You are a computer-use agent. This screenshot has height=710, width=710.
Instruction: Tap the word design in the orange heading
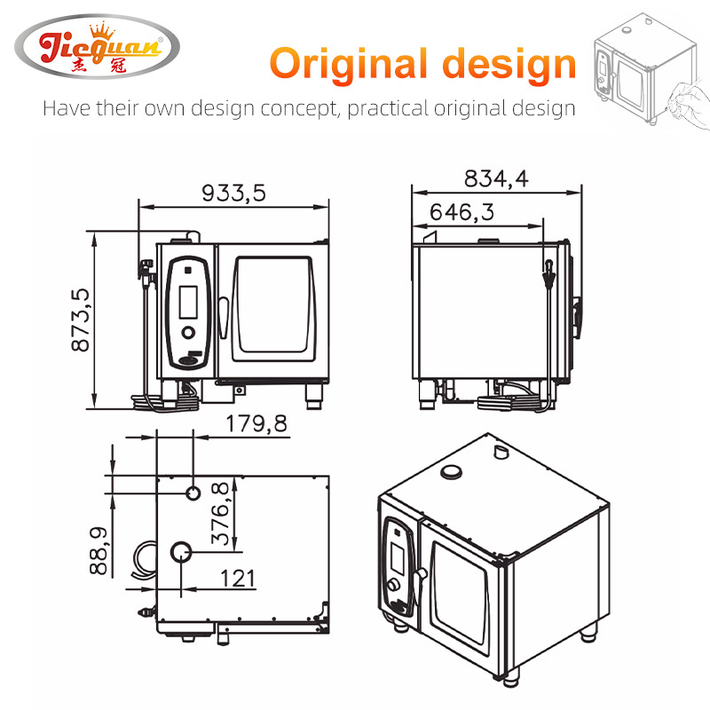tap(510, 64)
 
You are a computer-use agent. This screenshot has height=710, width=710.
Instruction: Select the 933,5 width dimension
tap(233, 193)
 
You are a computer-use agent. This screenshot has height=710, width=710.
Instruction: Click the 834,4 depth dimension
tap(495, 178)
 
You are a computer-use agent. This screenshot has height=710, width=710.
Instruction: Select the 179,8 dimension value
tap(256, 424)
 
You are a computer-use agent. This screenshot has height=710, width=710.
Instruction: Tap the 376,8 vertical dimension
tap(221, 514)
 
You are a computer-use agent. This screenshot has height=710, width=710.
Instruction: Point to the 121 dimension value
tap(238, 579)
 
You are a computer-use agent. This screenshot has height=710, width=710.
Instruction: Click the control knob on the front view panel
tap(189, 333)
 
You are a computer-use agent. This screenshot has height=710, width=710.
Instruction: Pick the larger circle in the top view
tap(182, 553)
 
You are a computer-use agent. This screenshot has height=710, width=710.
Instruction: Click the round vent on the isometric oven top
tap(453, 470)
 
